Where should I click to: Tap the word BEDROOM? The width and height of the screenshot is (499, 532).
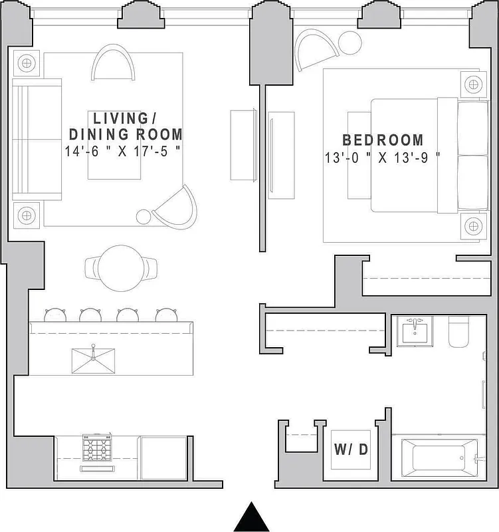383,140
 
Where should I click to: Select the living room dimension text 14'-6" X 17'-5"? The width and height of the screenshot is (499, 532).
124,151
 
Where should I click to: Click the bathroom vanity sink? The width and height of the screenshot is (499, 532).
416,331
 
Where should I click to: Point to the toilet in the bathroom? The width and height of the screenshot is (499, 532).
460,332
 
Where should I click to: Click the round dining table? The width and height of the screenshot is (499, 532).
122,267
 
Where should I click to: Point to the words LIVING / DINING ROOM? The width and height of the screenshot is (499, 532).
126,126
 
